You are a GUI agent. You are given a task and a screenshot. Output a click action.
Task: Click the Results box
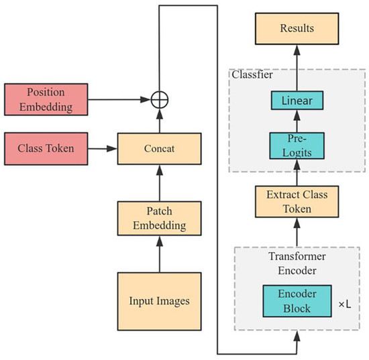pyautogui.click(x=296, y=29)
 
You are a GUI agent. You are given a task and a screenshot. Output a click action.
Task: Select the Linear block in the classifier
pyautogui.click(x=296, y=100)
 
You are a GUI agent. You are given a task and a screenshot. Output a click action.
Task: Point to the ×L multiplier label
pyautogui.click(x=344, y=304)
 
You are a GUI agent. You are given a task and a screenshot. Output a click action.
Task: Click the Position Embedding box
pyautogui.click(x=46, y=99)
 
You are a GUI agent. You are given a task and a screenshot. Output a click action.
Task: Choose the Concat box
pyautogui.click(x=159, y=148)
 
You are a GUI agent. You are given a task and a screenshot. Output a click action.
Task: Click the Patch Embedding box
pyautogui.click(x=159, y=217)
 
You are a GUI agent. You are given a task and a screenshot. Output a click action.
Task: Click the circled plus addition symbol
pyautogui.click(x=159, y=99)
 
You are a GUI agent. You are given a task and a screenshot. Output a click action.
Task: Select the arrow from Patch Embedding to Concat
pyautogui.click(x=159, y=182)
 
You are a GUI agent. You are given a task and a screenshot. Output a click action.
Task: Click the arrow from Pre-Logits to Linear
pyautogui.click(x=296, y=121)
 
